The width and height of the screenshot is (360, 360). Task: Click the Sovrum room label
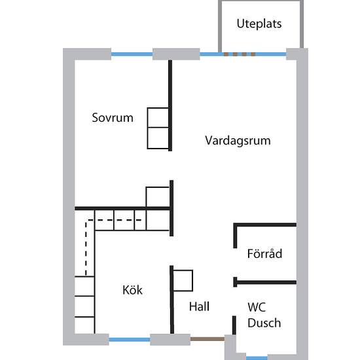coord(113,118)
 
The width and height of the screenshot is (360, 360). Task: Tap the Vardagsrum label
coord(238,141)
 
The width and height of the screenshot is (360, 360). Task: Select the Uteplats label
coord(259,24)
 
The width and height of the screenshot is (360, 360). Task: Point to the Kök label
coord(132,290)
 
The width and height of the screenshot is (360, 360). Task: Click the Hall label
coord(199,306)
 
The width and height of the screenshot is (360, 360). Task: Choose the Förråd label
coord(264,253)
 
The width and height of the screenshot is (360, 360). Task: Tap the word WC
coord(257,307)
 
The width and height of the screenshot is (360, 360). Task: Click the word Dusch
coord(264,323)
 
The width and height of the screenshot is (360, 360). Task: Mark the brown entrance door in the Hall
coord(207,339)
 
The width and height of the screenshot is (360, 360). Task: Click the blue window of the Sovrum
coord(132,54)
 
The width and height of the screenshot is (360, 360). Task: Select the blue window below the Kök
coord(130,340)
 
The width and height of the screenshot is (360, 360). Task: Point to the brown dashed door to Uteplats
coord(240,54)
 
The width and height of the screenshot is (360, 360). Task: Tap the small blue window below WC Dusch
coord(257,358)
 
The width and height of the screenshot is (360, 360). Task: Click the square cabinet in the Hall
coord(183,281)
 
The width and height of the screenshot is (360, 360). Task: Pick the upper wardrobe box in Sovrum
coord(158,117)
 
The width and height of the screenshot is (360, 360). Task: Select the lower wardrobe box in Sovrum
coord(158,138)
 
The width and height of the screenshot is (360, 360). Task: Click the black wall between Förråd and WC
coord(264,282)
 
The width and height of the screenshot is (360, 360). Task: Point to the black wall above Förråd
coord(264,225)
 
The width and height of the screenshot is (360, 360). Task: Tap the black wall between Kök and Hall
coord(171,300)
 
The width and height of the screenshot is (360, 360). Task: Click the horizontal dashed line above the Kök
coord(115,220)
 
